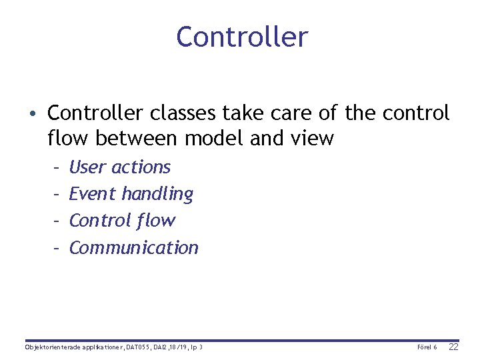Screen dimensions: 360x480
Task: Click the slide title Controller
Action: tap(242, 37)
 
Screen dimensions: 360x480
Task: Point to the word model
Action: tap(214, 139)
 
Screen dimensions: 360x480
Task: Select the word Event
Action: tap(93, 194)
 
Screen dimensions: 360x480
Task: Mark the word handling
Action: tap(157, 194)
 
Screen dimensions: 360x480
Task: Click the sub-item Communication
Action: tap(133, 247)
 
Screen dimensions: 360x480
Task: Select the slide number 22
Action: tap(453, 347)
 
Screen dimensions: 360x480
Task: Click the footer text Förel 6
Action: tap(427, 347)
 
